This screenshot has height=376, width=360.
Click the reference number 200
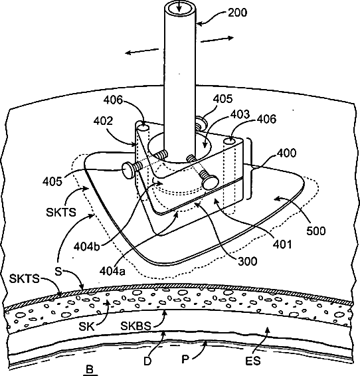pos(237,13)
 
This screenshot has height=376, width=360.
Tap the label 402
pos(103,122)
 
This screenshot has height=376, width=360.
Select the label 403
pos(240,114)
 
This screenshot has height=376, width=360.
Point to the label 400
pos(286,153)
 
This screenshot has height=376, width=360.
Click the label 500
pos(316,231)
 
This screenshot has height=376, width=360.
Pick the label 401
pos(282,244)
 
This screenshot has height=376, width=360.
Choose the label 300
pos(248,261)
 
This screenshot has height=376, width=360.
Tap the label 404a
pos(112,271)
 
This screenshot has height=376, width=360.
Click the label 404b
pos(86,246)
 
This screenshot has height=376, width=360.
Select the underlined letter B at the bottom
pos(90,369)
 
